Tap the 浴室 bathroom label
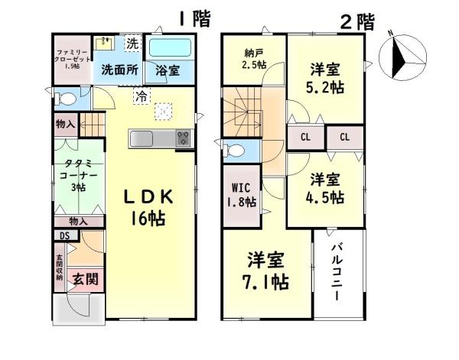tap(168, 70)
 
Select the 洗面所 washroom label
tap(120, 70)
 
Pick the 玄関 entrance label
tap(84, 281)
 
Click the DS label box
tap(64, 236)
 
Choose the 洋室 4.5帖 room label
tap(327, 189)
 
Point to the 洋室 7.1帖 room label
tap(267, 271)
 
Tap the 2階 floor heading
tap(356, 21)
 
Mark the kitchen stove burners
tap(184, 138)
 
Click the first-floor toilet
tap(64, 98)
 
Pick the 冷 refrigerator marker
tap(140, 96)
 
